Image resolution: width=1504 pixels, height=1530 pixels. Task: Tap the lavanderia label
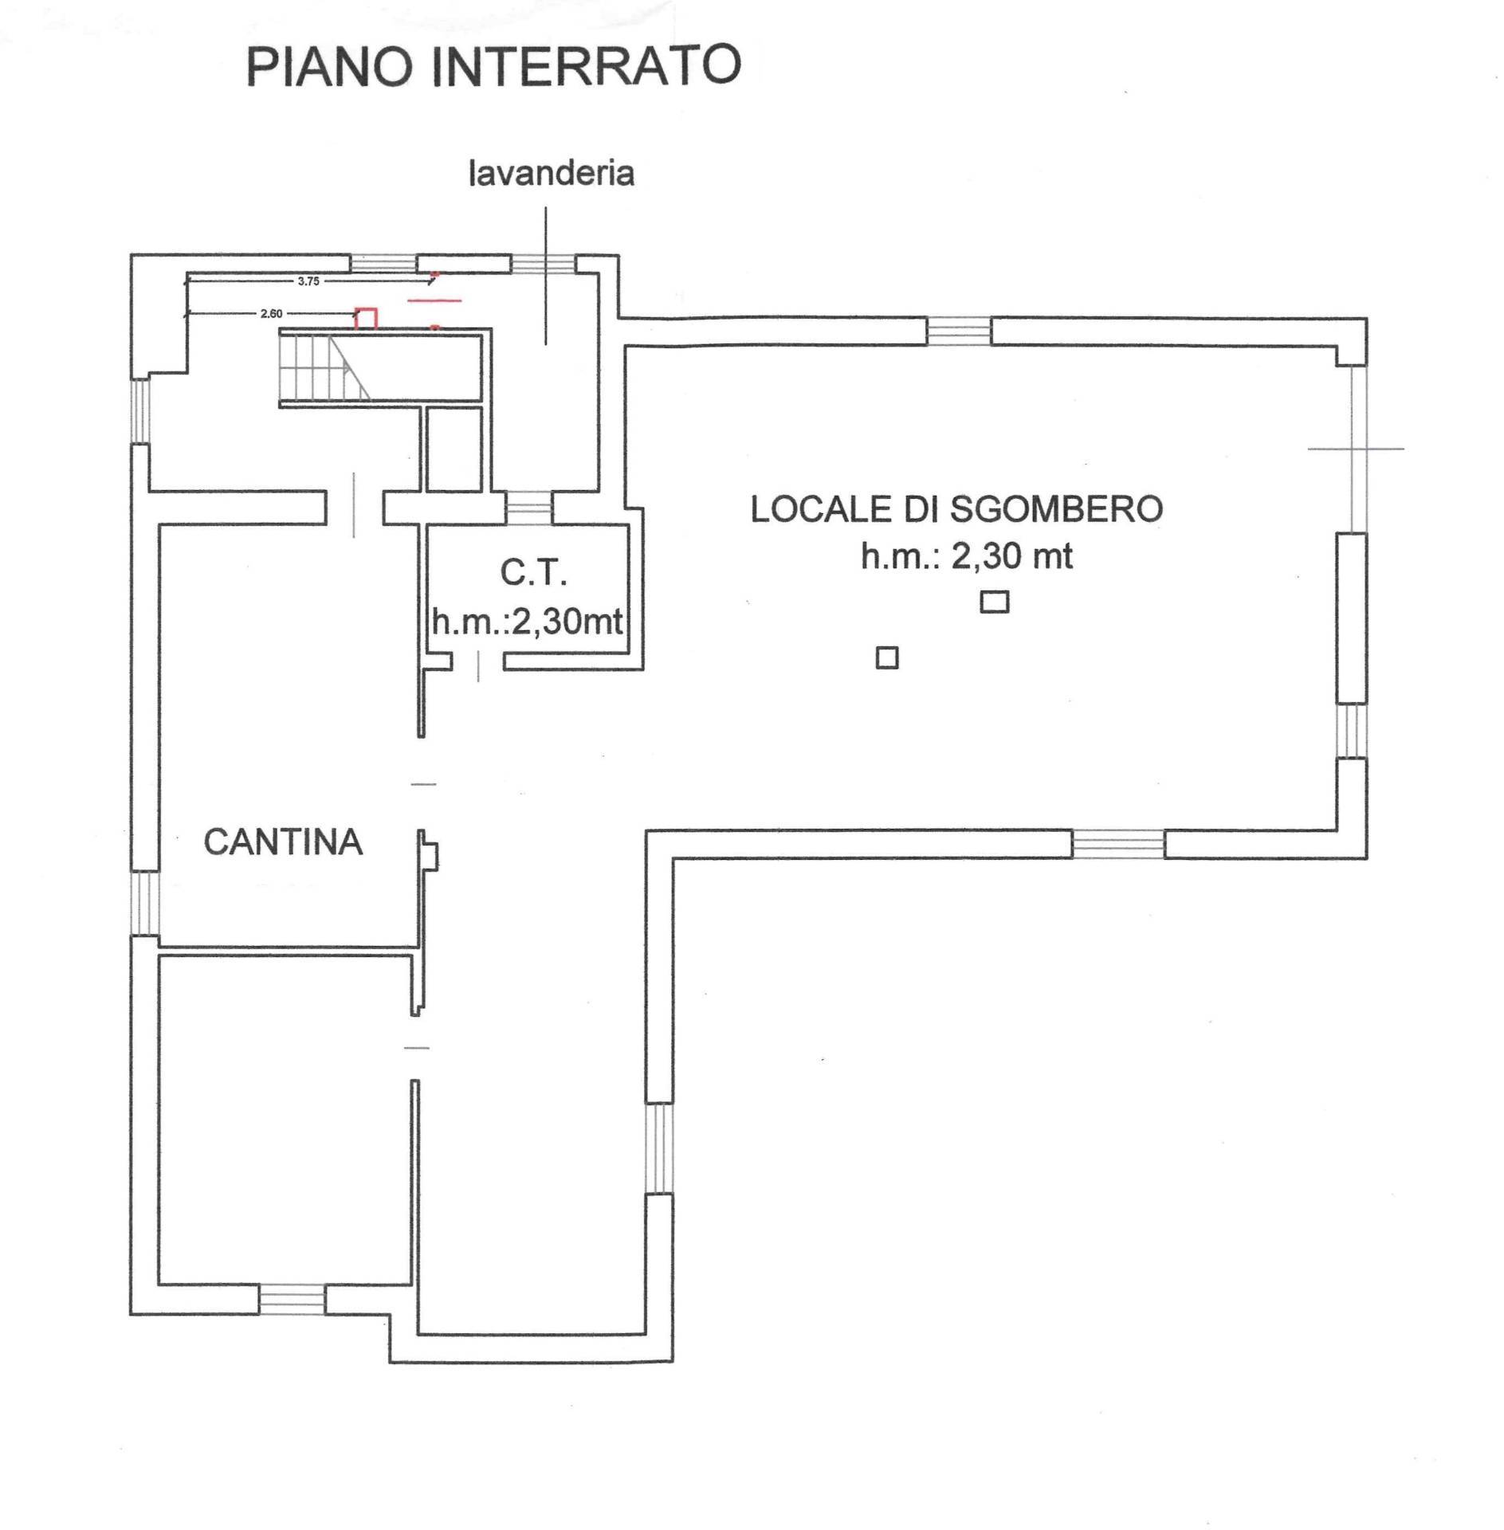pos(551,173)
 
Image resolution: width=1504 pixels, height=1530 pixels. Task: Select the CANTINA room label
pos(283,842)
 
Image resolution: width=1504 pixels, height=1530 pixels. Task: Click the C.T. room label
pos(533,572)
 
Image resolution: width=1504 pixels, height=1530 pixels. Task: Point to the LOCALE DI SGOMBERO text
pos(956,509)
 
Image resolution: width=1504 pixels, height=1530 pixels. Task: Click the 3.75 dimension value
pos(308,281)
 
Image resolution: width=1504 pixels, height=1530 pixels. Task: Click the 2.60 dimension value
pos(271,314)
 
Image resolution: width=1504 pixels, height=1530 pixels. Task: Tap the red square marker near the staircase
pos(366,318)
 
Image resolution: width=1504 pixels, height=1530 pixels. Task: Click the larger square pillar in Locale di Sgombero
pos(994,602)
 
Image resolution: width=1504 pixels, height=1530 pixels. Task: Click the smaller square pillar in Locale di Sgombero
pos(887,657)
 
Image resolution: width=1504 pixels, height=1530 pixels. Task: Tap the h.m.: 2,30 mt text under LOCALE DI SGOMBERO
pos(966,556)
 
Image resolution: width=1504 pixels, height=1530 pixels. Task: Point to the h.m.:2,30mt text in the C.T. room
pos(527,622)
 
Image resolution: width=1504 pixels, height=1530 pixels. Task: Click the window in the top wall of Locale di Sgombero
pos(959,331)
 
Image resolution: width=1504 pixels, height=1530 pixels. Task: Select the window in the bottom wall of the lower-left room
pos(293,1300)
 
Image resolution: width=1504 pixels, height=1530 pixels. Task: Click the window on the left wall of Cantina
pos(144,903)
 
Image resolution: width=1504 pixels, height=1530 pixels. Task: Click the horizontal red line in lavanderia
pos(434,300)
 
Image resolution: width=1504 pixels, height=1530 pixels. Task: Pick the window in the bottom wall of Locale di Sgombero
pos(1117,844)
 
